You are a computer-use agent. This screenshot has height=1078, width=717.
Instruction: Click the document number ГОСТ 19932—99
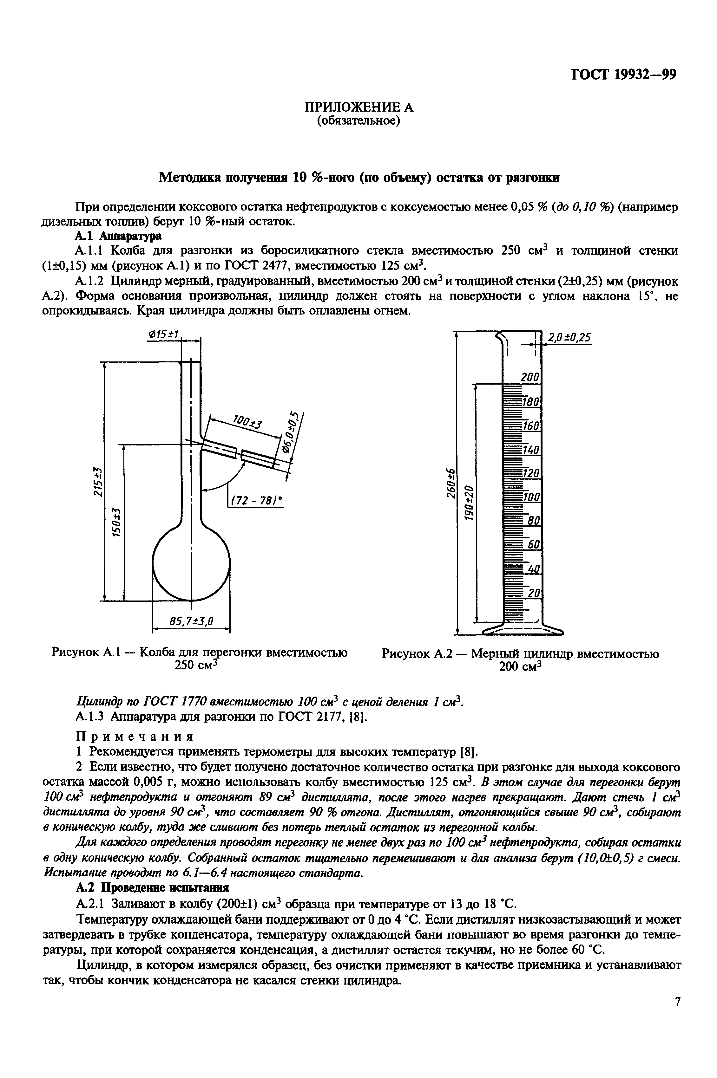[623, 75]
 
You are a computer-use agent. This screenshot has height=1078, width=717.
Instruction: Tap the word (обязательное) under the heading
[359, 121]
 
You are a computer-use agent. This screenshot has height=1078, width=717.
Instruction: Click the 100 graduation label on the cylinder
[531, 497]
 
